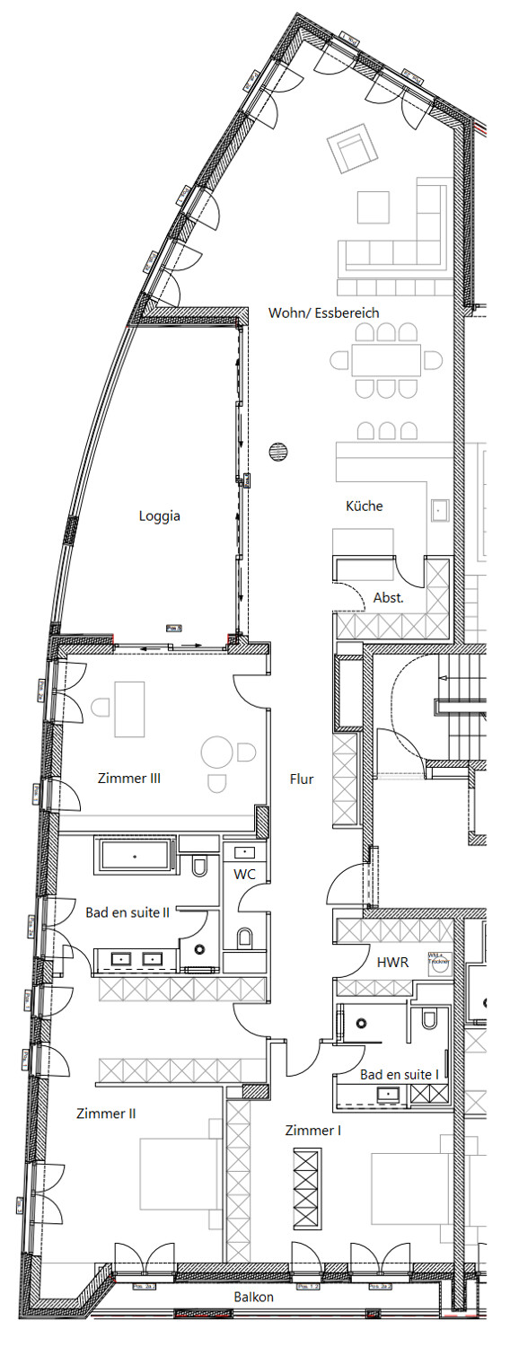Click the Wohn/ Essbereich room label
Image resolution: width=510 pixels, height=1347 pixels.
(x=323, y=313)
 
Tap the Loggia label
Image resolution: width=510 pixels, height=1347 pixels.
(x=160, y=515)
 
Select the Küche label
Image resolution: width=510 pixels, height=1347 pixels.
(x=365, y=506)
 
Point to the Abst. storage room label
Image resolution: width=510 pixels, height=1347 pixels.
(x=388, y=596)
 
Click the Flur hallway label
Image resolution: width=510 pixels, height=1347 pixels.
(x=302, y=779)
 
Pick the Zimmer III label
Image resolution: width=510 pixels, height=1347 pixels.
(x=129, y=779)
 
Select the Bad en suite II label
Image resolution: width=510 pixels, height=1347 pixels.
(x=127, y=912)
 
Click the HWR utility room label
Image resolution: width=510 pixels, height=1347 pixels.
(x=393, y=961)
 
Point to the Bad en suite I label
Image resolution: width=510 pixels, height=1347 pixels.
(x=400, y=1074)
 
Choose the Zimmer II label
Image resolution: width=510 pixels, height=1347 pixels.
(x=106, y=1114)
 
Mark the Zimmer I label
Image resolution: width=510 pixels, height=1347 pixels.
(x=312, y=1131)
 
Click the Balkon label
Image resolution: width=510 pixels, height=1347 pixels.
(x=254, y=1297)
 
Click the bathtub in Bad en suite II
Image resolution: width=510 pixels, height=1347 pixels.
(x=135, y=855)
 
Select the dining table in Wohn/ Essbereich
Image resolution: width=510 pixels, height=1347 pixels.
(x=386, y=361)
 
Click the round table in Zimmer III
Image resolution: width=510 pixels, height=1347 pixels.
(x=216, y=752)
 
